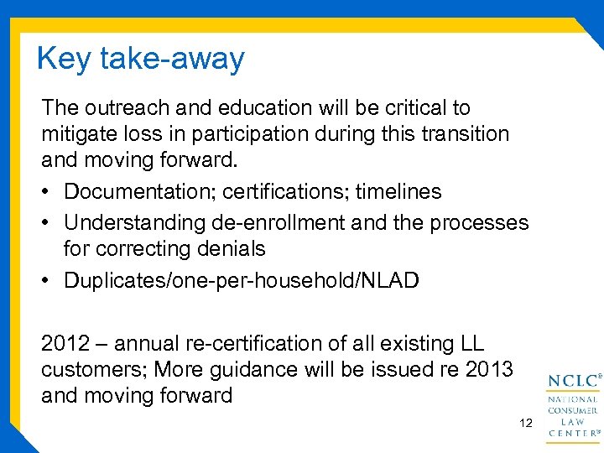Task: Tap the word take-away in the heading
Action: tap(172, 60)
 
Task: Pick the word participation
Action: tap(261, 134)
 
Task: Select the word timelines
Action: tap(397, 192)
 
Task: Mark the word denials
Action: tap(229, 249)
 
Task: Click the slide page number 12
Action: tap(526, 424)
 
